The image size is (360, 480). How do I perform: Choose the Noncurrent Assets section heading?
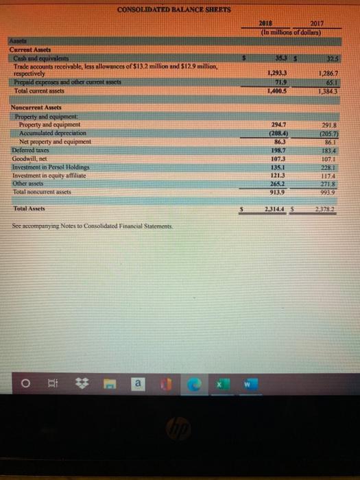[x=36, y=108]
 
